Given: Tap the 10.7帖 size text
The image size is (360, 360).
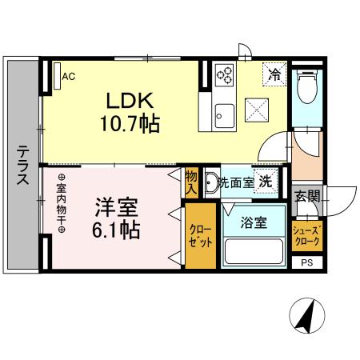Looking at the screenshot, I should pos(130,124).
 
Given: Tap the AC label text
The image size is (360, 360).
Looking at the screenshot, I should pos(69,77).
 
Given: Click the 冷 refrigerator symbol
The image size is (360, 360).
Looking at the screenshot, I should pos(274,76).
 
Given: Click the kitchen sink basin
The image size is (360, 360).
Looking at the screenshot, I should pos(223,112).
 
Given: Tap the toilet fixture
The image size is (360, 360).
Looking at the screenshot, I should pos(306,87).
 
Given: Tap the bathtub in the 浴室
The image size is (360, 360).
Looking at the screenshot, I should pos(254,253).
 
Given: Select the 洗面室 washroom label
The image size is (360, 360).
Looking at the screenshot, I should pos(236,182).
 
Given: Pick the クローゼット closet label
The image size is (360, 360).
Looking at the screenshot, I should pos(200,236).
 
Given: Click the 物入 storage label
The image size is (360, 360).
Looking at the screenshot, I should pos(192,183).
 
